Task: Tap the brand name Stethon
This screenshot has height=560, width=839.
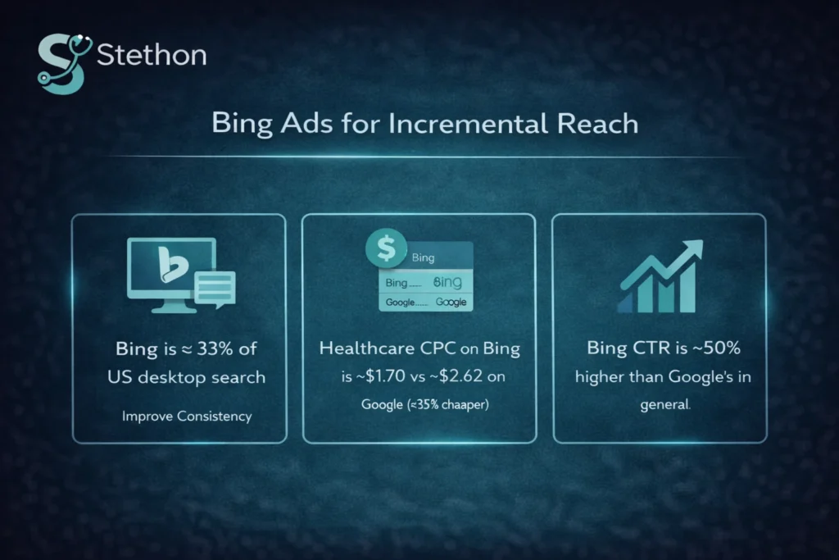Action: click(151, 57)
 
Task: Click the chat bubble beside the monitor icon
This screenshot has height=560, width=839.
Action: click(215, 289)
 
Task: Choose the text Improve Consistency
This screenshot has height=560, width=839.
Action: click(187, 416)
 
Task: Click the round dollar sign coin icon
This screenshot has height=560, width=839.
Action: click(382, 248)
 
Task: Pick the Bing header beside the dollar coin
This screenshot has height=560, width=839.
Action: click(424, 257)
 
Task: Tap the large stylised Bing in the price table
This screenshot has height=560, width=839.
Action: click(447, 282)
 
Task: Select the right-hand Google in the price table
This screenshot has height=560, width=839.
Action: click(451, 302)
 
